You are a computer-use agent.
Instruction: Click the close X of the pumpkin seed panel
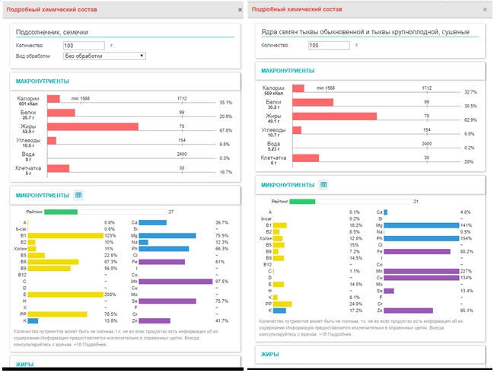(x=485, y=9)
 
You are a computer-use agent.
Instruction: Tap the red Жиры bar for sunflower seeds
(x=92, y=126)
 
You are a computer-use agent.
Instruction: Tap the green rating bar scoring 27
(x=61, y=211)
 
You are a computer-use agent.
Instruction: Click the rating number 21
(x=416, y=202)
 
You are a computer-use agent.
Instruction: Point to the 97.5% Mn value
(x=221, y=282)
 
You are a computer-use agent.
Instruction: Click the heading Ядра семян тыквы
(x=362, y=32)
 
